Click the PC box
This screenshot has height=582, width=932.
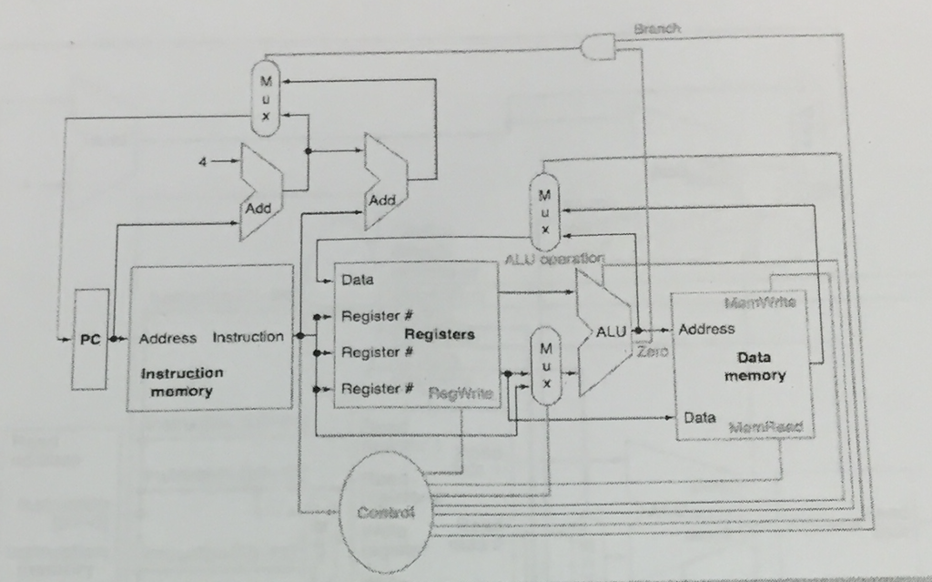(x=90, y=339)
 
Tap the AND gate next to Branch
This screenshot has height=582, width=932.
(x=598, y=46)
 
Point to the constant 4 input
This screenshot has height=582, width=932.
(x=204, y=162)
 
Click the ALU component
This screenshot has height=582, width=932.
(x=604, y=333)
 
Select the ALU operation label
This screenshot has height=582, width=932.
(x=553, y=260)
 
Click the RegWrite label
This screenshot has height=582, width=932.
(x=461, y=393)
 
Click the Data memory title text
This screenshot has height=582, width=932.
(x=755, y=366)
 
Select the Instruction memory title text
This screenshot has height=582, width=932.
(x=181, y=382)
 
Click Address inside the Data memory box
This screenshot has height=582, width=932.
(x=706, y=329)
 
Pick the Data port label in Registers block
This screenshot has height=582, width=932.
(x=357, y=280)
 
